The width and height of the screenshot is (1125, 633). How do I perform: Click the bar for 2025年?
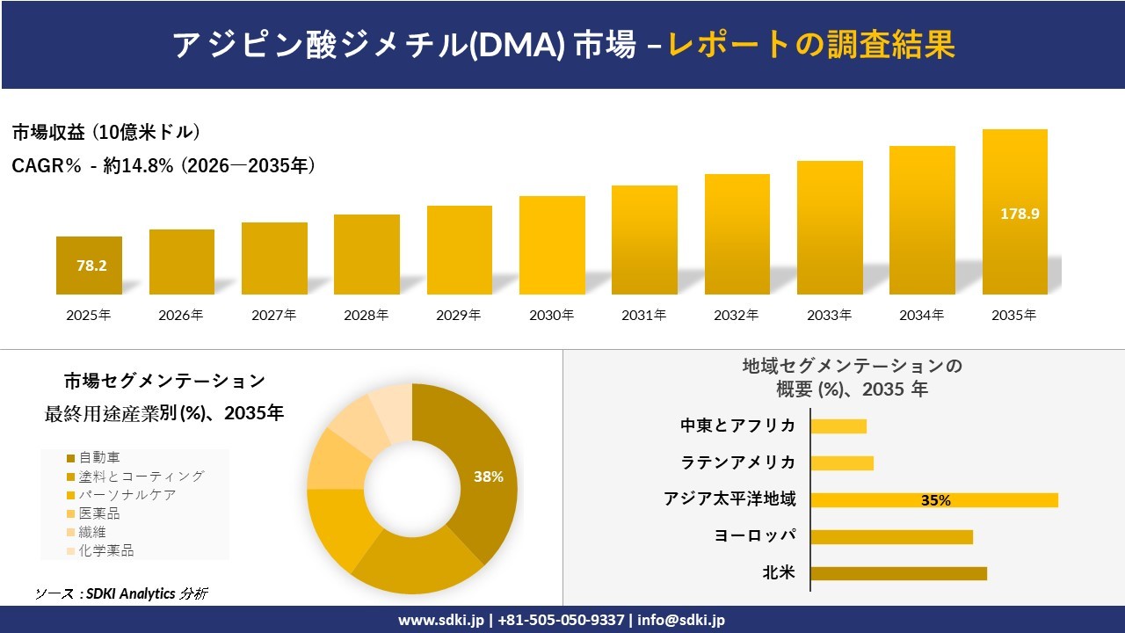tap(89, 265)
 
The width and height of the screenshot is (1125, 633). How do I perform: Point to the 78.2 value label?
tap(91, 266)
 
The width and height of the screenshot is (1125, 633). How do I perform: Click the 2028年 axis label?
tap(367, 315)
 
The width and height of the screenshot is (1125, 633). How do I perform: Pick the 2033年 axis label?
tap(830, 315)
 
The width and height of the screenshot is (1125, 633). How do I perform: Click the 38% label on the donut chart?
tap(488, 477)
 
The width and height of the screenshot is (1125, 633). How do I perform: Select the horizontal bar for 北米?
tap(898, 573)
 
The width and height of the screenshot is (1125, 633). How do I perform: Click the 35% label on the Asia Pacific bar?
tap(935, 500)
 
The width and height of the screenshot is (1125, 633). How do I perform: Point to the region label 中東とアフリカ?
tap(737, 426)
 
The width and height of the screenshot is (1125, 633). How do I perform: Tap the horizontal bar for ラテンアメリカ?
tap(842, 463)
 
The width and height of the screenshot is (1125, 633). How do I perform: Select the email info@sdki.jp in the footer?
tap(681, 620)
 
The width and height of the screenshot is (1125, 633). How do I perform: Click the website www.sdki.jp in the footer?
tap(440, 620)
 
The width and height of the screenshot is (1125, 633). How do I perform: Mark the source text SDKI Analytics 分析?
tap(121, 593)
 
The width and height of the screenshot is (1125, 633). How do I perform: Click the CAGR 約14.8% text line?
tap(163, 165)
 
